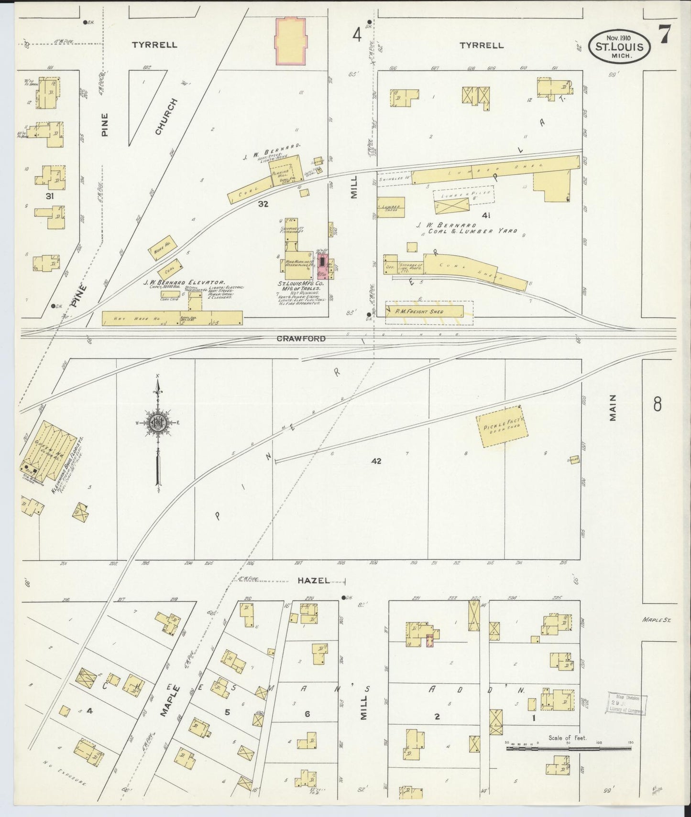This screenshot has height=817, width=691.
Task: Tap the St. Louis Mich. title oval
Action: [619, 46]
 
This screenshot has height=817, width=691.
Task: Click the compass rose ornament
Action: [158, 423]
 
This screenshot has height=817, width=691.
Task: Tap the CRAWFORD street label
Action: [301, 339]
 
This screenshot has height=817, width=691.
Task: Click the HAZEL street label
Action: [313, 580]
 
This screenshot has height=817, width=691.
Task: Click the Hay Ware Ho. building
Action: [172, 318]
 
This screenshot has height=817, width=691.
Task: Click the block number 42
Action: [376, 461]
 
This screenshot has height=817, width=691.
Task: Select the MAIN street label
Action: [613, 408]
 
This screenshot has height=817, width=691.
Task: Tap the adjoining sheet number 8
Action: [657, 405]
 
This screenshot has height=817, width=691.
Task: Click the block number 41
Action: [486, 215]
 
